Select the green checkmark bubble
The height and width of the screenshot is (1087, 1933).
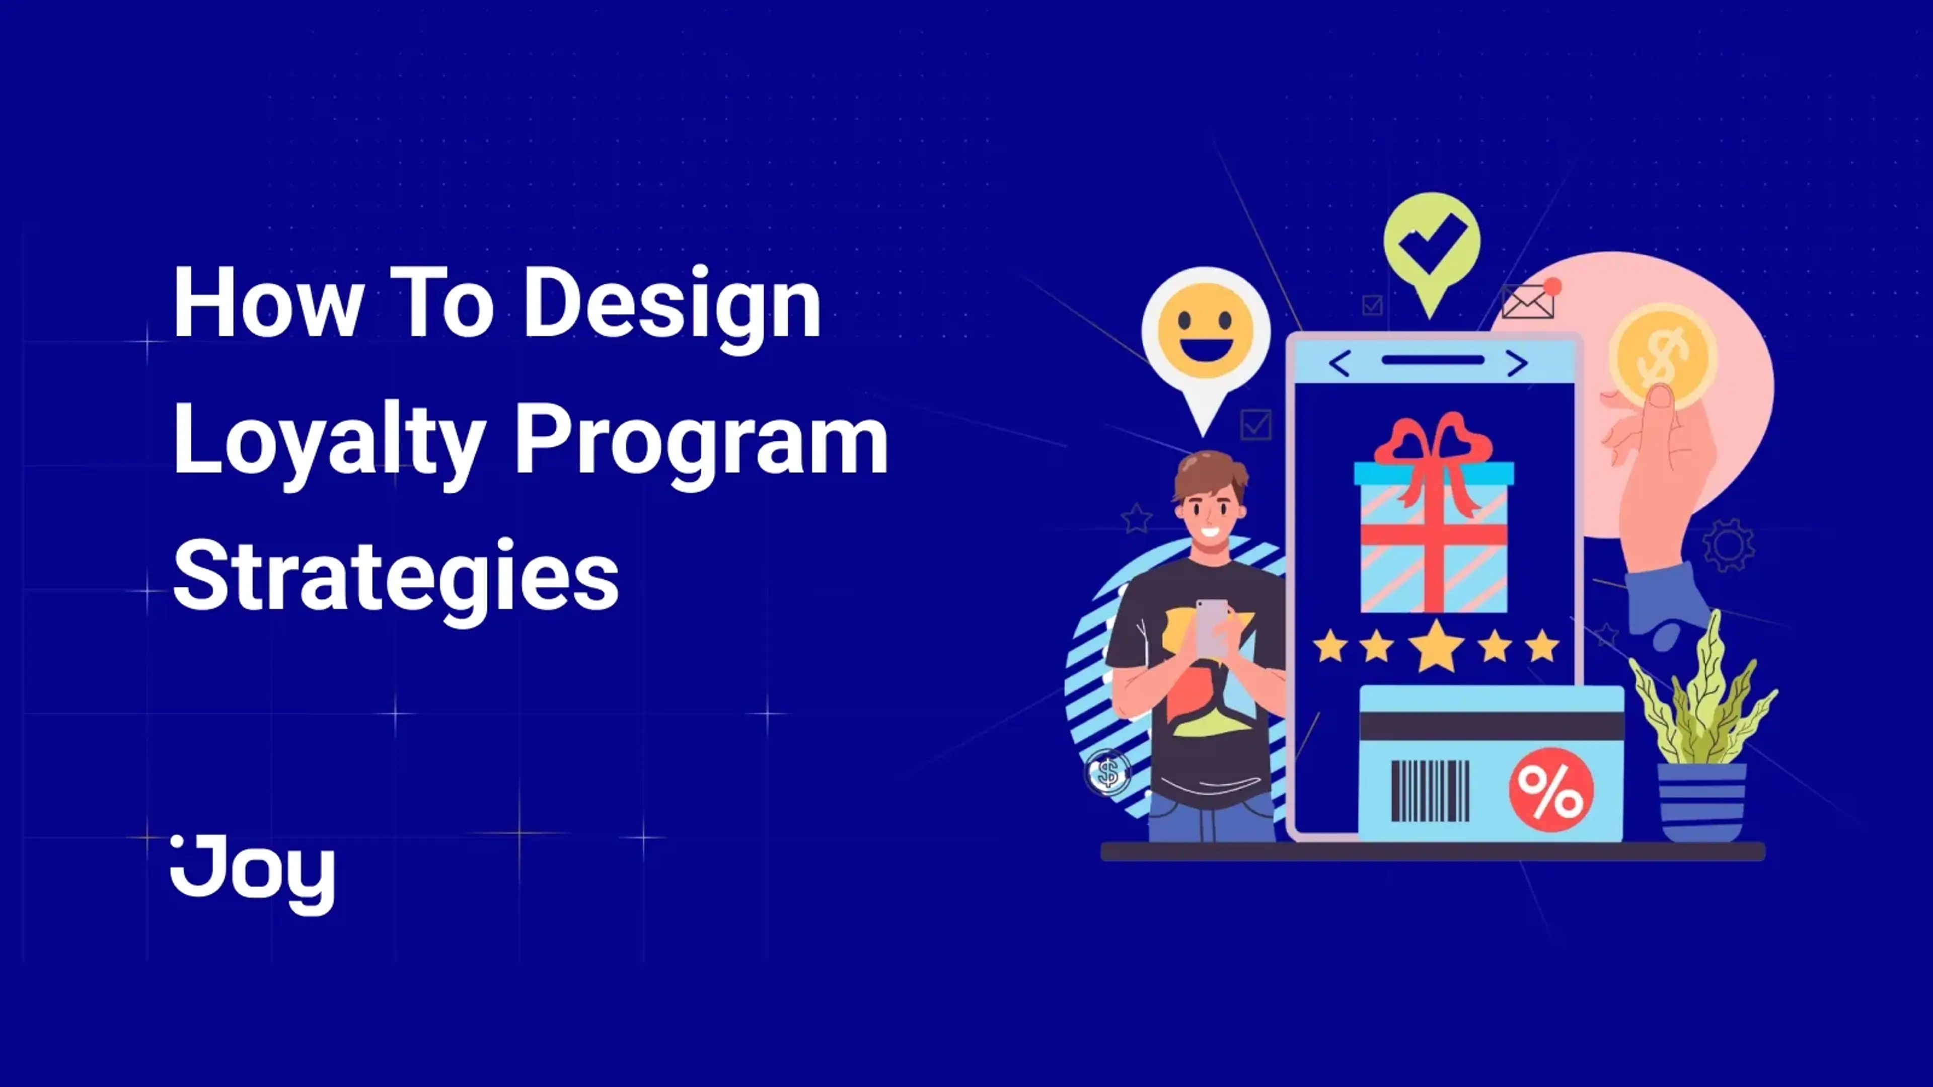click(1432, 244)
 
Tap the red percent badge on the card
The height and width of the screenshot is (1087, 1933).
click(1551, 790)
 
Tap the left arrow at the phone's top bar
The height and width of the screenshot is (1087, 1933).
click(1340, 364)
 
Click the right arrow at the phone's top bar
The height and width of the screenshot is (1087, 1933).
click(1517, 364)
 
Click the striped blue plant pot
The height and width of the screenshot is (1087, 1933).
click(1702, 801)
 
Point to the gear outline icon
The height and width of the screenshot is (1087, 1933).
click(1728, 545)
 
